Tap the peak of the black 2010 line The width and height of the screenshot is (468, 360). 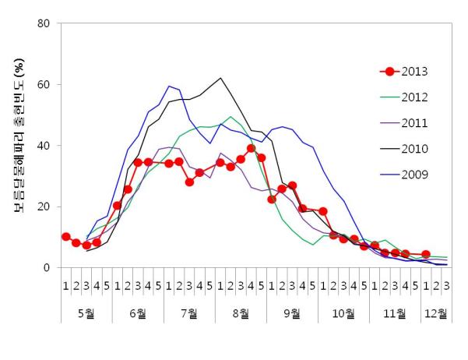tap(221, 78)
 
